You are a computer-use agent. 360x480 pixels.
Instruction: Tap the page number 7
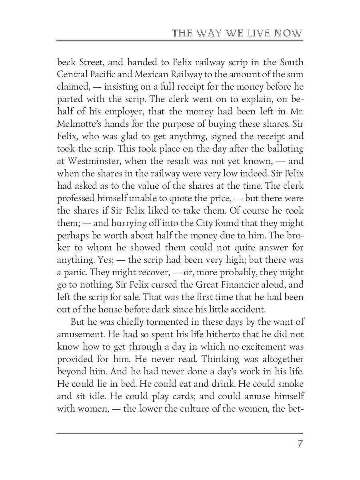300,444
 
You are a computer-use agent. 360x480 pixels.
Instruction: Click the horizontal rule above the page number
180,433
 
